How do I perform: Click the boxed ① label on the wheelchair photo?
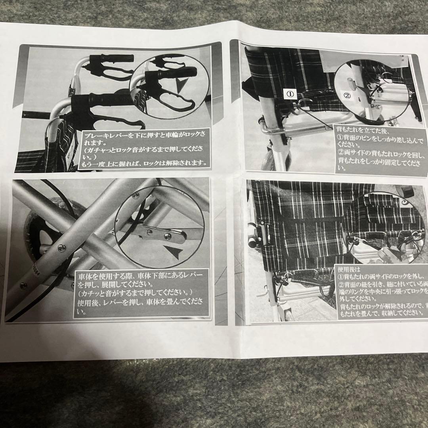(x=290, y=94)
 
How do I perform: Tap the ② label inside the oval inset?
(x=347, y=96)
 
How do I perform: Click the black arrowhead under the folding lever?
(x=175, y=252)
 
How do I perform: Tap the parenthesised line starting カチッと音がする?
(x=135, y=293)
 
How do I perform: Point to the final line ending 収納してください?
(x=380, y=313)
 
